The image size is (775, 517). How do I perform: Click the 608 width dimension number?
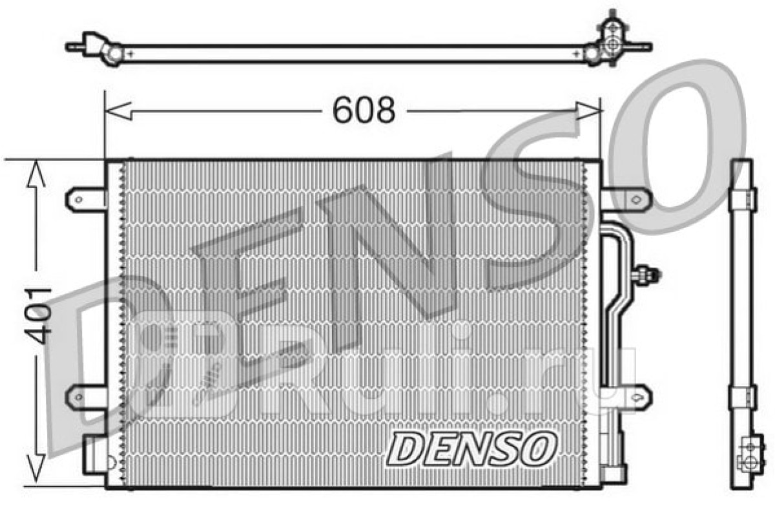tap(364, 111)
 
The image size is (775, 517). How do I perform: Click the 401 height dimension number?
tap(38, 315)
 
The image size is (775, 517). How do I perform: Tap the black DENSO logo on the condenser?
tap(471, 449)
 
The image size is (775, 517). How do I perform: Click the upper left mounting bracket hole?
tap(79, 200)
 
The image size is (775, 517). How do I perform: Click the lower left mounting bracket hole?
tap(79, 397)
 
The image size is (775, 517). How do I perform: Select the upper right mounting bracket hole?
tap(636, 200)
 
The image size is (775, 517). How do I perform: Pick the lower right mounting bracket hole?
tap(636, 397)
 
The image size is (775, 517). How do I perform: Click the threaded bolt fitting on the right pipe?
tap(646, 275)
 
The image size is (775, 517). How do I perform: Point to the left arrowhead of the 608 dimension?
tap(118, 111)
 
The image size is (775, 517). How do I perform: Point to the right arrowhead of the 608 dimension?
tap(588, 111)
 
